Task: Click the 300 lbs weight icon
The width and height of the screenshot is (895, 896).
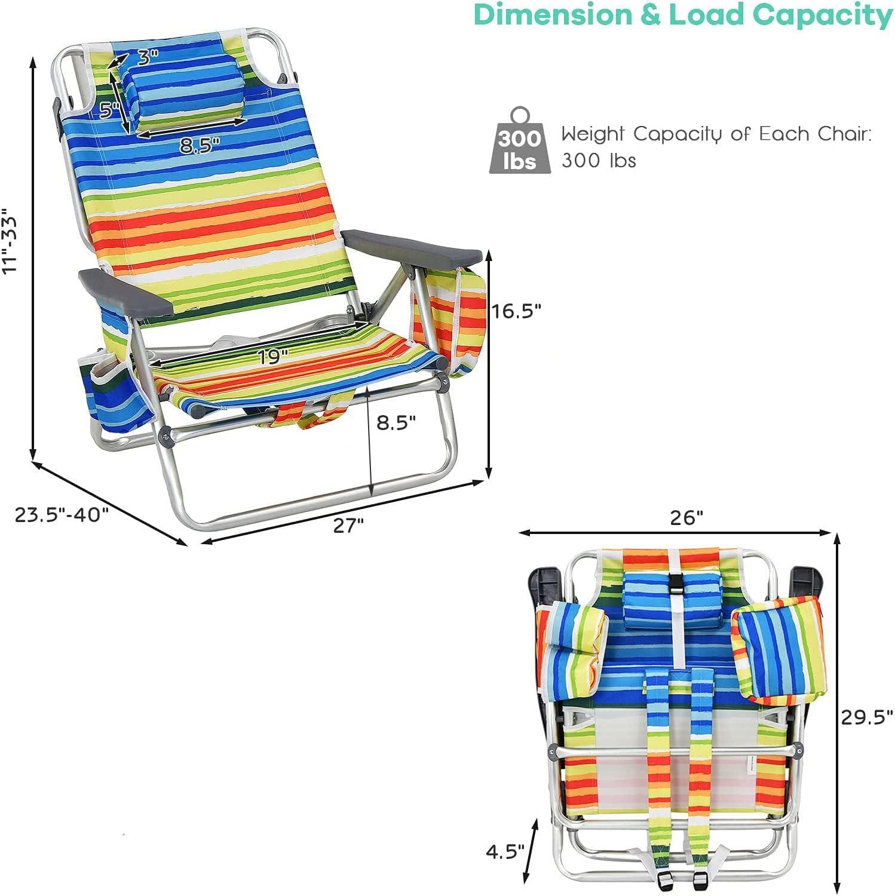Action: tap(520, 140)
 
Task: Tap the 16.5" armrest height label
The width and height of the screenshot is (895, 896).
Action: tap(517, 311)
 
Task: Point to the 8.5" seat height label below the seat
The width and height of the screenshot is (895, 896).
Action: tap(396, 422)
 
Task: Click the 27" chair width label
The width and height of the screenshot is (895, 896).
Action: tap(348, 526)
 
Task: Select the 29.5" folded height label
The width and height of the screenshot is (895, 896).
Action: tap(867, 716)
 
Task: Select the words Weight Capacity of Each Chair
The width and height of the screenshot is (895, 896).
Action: tap(716, 134)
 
